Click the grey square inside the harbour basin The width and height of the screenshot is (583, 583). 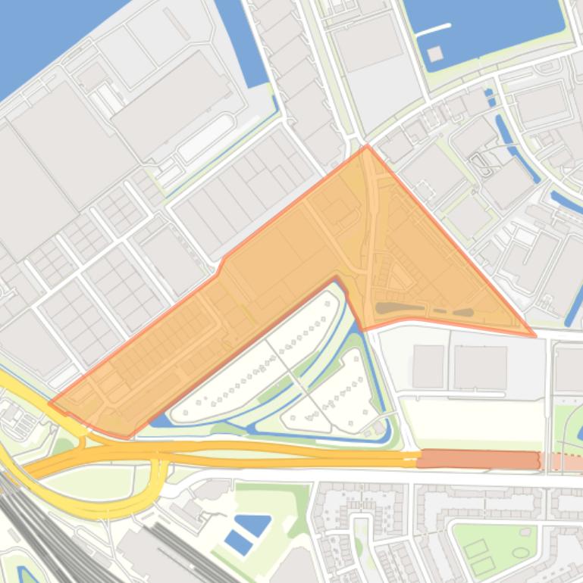[434, 54]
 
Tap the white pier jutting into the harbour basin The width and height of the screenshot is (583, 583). [431, 30]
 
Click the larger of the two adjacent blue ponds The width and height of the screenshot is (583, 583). [252, 524]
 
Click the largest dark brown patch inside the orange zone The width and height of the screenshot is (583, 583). [399, 307]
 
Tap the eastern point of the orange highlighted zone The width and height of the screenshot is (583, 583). [534, 334]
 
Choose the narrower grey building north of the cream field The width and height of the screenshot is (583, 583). [428, 366]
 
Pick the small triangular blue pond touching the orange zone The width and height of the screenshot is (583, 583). [158, 419]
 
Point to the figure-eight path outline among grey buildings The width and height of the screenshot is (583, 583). [481, 162]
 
